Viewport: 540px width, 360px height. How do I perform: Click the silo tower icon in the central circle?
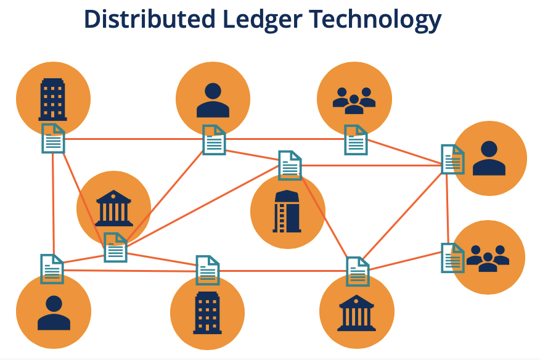click(287, 211)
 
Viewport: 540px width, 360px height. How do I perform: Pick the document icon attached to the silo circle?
click(290, 165)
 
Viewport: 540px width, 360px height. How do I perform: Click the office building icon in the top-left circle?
click(52, 99)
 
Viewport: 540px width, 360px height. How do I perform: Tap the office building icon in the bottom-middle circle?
click(207, 313)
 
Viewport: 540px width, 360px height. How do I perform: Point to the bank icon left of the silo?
click(114, 208)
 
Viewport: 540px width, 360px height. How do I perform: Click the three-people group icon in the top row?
click(354, 99)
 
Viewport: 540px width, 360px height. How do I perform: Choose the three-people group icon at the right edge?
click(488, 258)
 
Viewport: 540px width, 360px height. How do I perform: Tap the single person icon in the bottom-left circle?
click(54, 313)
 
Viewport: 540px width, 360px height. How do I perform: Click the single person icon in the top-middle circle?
click(213, 100)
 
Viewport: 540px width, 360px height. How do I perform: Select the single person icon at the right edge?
click(489, 158)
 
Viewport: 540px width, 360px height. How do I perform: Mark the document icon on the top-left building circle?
click(53, 138)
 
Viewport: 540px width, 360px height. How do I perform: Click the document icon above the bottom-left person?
click(52, 269)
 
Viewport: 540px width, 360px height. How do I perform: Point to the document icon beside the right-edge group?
click(453, 258)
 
